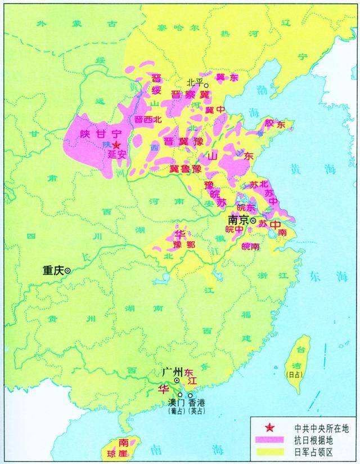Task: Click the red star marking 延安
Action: click(116, 145)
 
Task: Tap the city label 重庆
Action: click(53, 271)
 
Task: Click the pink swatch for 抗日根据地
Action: click(269, 439)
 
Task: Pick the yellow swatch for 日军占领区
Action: click(269, 451)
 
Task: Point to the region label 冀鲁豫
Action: click(185, 168)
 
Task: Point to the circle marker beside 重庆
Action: click(68, 271)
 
